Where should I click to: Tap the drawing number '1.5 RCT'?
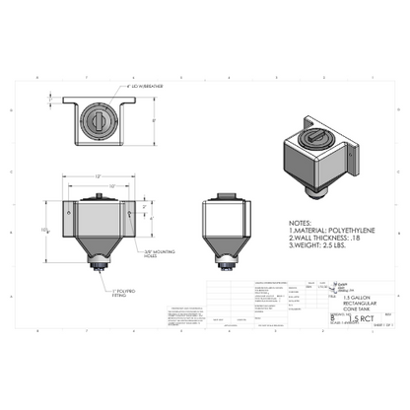pyautogui.click(x=345, y=319)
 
